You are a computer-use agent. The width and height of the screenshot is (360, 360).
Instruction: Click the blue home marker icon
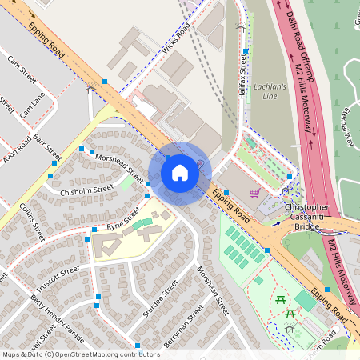[180, 173]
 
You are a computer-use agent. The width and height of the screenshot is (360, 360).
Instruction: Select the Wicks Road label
[176, 39]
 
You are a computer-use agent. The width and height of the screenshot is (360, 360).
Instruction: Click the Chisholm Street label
[86, 191]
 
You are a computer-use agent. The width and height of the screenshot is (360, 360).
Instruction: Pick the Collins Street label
[31, 221]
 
